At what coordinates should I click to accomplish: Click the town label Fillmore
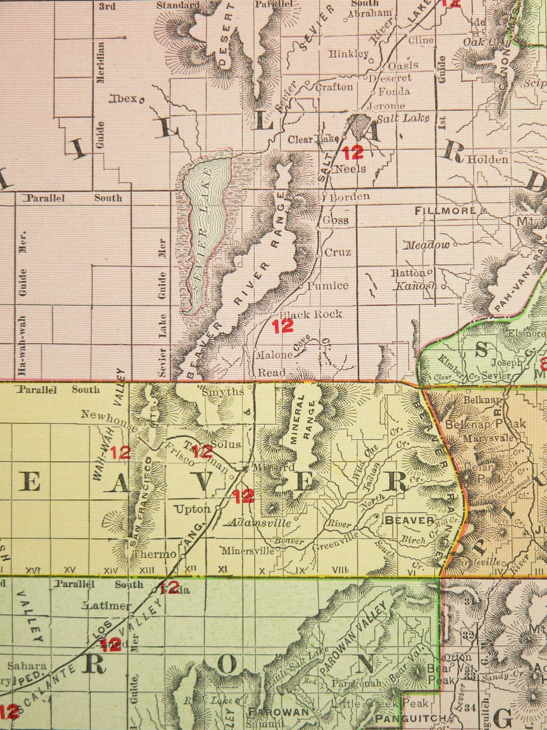tap(446, 210)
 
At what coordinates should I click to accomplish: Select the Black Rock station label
tap(311, 314)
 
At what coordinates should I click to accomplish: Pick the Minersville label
tap(247, 550)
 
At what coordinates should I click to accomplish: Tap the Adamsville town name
tap(261, 523)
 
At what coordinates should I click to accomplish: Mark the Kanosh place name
tap(416, 286)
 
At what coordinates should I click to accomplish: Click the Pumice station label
tap(328, 286)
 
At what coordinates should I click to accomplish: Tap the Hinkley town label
tap(348, 54)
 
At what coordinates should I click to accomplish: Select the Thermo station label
tap(155, 554)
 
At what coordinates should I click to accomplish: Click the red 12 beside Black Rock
tap(283, 327)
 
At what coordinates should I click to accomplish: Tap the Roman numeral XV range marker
tap(70, 570)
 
